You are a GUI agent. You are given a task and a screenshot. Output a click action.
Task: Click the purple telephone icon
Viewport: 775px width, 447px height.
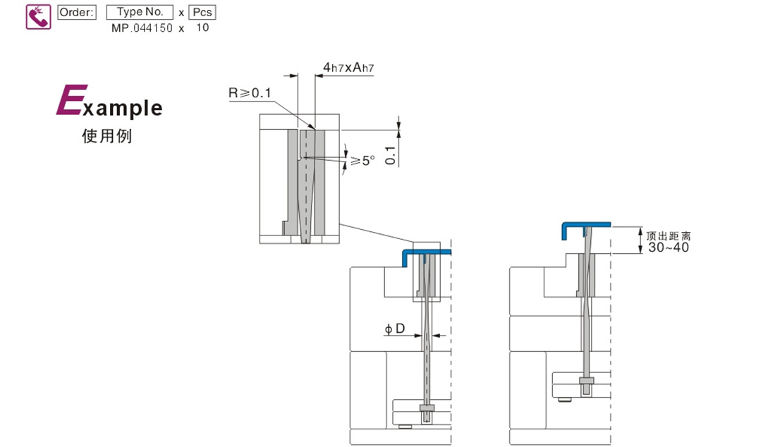[38, 17]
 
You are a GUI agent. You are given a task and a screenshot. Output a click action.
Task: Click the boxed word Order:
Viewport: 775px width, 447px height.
[77, 13]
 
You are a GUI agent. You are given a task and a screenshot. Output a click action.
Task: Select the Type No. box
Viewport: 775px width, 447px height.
[140, 13]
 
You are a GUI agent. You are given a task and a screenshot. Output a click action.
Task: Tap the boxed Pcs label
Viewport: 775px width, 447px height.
[202, 13]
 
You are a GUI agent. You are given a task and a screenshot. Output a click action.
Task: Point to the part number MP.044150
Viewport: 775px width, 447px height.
[142, 28]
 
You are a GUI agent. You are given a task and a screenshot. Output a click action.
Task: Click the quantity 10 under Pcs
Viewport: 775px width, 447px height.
[202, 27]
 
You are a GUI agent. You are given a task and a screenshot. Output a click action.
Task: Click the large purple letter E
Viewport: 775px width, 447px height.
[71, 100]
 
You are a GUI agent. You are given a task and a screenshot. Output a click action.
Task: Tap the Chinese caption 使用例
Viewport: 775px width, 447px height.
[106, 136]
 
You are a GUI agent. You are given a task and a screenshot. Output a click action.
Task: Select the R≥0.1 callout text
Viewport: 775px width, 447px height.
[250, 93]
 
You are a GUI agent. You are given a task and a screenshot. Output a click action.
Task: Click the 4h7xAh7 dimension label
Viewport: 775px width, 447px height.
[348, 68]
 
